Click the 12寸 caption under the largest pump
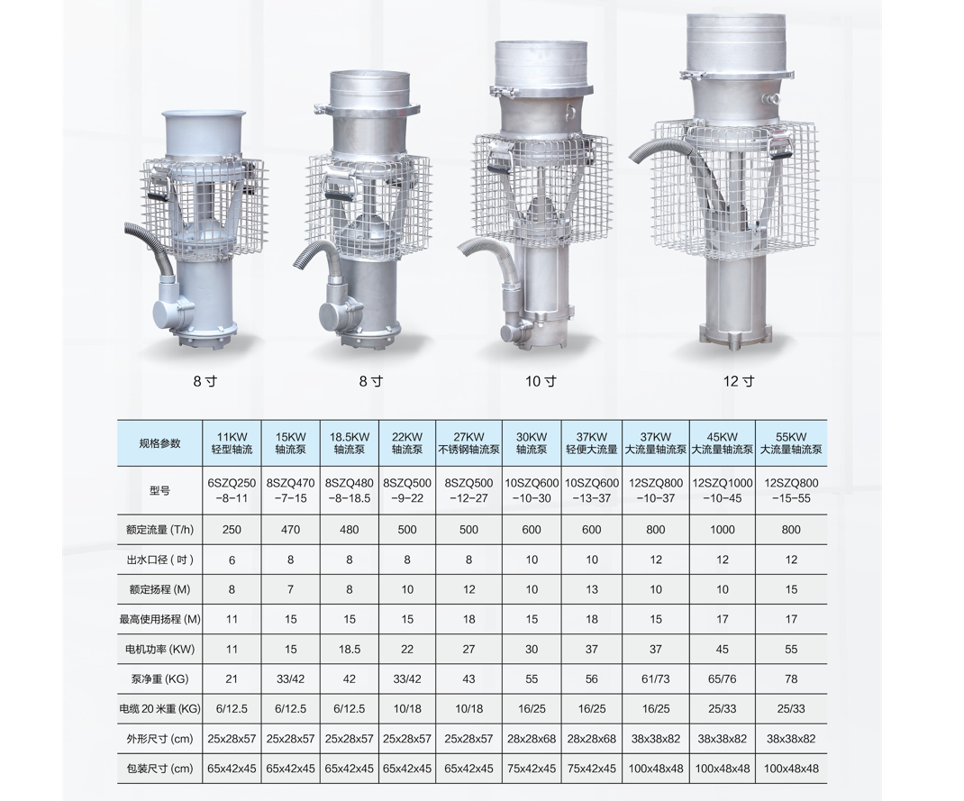[739, 381]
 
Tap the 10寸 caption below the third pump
[541, 381]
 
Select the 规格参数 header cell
[159, 443]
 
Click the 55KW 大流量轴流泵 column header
[791, 443]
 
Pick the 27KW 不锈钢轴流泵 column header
[468, 443]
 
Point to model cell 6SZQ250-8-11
[232, 490]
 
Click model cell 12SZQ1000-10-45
[723, 490]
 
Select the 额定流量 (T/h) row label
[159, 529]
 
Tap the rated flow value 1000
[723, 529]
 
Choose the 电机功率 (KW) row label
[159, 649]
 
